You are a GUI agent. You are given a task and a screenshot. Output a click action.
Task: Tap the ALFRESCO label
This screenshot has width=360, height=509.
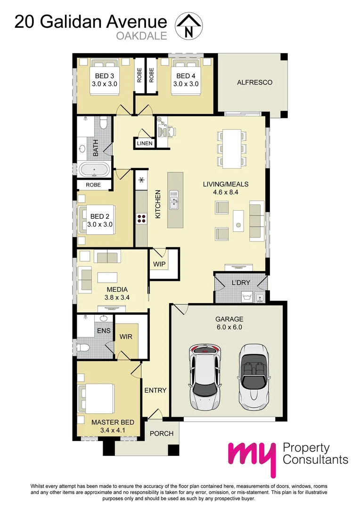254,82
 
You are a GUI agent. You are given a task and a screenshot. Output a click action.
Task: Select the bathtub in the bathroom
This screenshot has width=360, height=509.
95,169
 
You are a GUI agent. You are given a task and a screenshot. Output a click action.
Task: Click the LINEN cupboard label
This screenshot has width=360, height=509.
145,143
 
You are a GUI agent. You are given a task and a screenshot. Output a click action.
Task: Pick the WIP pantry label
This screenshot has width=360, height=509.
159,264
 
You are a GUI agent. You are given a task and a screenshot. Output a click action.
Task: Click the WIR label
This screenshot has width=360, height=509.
126,337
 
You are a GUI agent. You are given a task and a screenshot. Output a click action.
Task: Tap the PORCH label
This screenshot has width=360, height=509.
162,434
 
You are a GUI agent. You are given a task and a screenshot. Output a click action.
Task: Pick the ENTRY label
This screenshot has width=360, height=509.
155,390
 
